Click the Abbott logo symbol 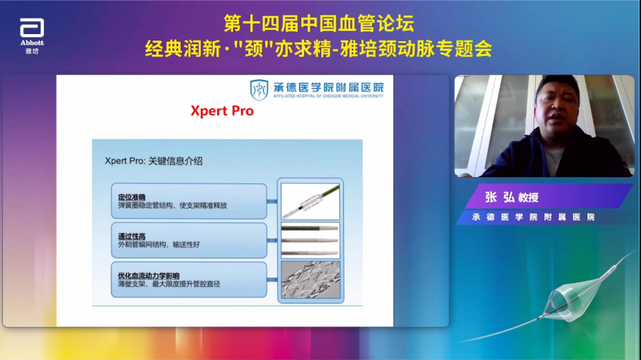(x=32, y=28)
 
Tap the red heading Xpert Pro (x=221, y=111)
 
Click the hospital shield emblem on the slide (x=259, y=89)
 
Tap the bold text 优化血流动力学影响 (x=149, y=274)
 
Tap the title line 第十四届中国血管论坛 (x=319, y=23)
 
